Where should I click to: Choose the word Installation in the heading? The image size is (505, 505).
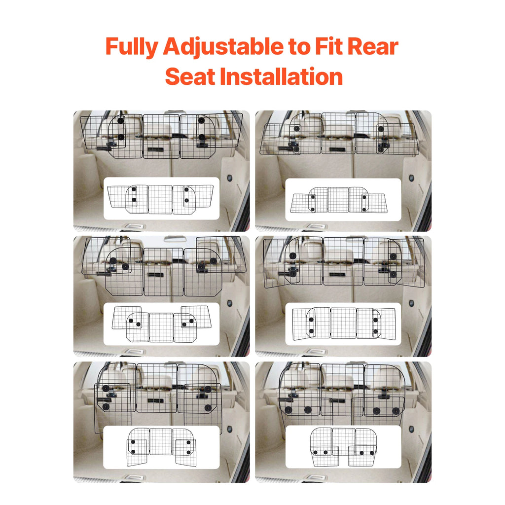coord(281,77)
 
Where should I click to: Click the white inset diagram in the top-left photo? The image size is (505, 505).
coord(161,198)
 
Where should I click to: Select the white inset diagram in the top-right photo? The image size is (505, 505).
coord(343,199)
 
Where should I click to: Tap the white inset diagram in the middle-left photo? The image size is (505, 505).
coord(161,324)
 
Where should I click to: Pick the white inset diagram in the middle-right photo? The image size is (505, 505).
coord(343,324)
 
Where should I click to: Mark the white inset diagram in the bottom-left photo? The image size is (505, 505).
coord(161,447)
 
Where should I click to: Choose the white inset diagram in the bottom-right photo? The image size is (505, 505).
coord(343,447)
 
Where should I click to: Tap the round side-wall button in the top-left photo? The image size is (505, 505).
coord(229,178)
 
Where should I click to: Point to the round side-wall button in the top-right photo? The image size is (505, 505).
coord(411,178)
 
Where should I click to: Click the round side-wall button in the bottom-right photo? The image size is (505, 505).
coord(411,429)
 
